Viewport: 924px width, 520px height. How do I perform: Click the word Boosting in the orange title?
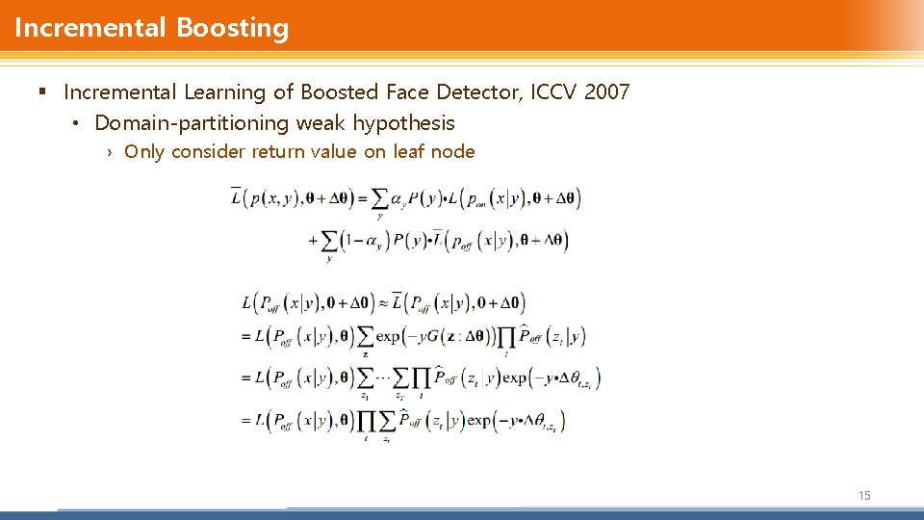click(232, 28)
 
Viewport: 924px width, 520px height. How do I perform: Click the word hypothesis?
click(403, 123)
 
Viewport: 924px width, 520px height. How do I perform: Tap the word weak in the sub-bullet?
click(321, 123)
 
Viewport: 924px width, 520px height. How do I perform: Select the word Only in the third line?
click(144, 151)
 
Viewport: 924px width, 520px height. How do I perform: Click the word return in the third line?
click(278, 151)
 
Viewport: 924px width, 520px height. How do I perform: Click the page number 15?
click(864, 495)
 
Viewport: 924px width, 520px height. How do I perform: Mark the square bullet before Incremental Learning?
click(41, 92)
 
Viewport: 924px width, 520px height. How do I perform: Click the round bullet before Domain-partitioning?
click(76, 123)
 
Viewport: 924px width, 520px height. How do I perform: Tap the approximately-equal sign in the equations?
click(382, 302)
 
